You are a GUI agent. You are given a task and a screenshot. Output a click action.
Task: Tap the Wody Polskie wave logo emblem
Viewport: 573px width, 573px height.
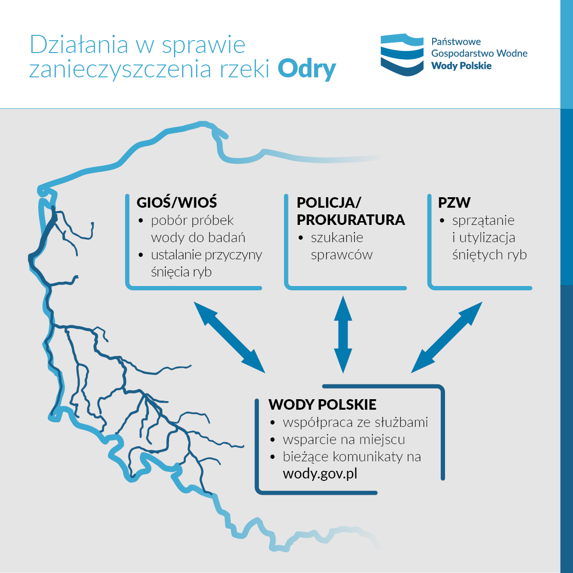[x=402, y=55]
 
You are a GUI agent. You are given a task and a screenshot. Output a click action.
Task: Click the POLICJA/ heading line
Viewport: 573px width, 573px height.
[x=329, y=203]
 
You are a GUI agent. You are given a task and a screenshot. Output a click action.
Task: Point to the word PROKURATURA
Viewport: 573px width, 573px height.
[x=350, y=220]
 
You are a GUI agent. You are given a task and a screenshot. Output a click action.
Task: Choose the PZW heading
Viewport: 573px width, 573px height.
[x=454, y=202]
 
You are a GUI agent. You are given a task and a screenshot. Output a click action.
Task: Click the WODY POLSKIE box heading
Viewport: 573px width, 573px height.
[x=322, y=404]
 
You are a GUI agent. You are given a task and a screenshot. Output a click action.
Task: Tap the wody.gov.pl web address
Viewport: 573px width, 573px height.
[x=320, y=474]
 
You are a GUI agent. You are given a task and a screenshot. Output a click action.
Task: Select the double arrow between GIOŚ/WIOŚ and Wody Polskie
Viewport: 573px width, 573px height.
[x=229, y=337]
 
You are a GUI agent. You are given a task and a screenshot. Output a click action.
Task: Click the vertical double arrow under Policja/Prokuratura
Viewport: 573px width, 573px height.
[x=343, y=335]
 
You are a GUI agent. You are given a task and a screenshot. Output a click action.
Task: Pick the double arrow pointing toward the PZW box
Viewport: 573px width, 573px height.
[x=446, y=337]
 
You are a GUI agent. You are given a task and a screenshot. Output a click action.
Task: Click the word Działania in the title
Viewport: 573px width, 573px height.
[x=79, y=44]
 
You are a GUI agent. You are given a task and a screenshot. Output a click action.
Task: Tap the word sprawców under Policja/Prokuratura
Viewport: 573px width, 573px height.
[x=342, y=255]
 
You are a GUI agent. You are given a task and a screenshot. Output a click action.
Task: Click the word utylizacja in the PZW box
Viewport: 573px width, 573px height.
[x=487, y=238]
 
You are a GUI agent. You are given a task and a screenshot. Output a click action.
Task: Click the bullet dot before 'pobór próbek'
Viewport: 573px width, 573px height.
[x=141, y=221]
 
